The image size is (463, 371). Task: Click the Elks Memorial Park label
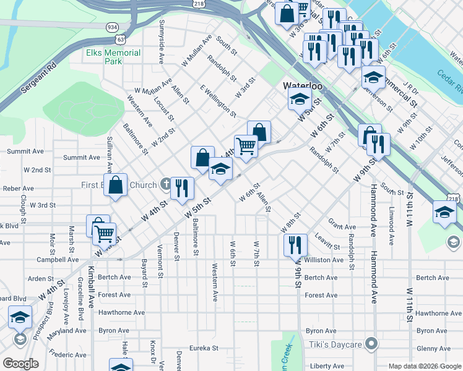[113, 57]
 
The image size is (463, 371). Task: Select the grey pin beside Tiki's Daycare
[371, 343]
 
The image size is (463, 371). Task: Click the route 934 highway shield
[113, 28]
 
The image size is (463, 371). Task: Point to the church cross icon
[165, 184]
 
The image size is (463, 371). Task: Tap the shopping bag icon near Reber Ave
[116, 184]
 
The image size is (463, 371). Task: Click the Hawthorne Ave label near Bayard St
[121, 313]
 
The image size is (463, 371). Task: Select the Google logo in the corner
[20, 364]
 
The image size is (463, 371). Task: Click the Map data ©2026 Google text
[423, 366]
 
